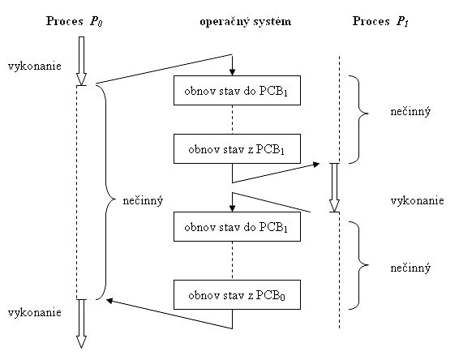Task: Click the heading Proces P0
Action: click(x=75, y=21)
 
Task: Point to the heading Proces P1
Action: click(x=380, y=21)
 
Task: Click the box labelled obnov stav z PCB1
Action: click(x=237, y=148)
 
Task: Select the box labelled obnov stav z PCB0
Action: click(x=237, y=295)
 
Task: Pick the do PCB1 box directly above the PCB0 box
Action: click(x=237, y=226)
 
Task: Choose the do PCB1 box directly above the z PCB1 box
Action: click(x=237, y=91)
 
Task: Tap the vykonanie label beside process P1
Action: click(x=417, y=201)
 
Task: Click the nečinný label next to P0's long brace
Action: click(x=143, y=201)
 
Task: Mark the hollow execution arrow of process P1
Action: click(x=334, y=187)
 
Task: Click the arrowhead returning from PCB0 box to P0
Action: click(x=109, y=300)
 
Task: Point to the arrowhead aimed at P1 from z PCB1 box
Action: click(x=316, y=165)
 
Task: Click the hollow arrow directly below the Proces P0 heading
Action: click(x=81, y=61)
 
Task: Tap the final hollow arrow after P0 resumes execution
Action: click(x=81, y=324)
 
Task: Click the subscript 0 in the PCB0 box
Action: click(x=282, y=298)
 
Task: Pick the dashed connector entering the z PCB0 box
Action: click(x=233, y=260)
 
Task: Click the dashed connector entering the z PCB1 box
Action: click(x=233, y=119)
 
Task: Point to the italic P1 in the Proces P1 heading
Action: click(x=402, y=22)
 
